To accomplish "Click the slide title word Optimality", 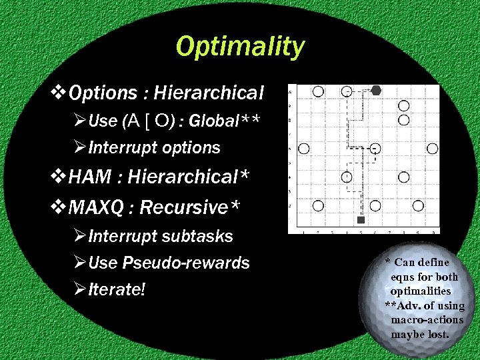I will [x=240, y=47].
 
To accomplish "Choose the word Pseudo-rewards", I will [x=186, y=263].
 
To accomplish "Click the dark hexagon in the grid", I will [x=376, y=90].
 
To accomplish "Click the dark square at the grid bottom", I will [x=361, y=219].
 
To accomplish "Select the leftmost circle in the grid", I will [x=305, y=148].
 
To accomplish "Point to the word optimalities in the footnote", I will [x=420, y=291].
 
